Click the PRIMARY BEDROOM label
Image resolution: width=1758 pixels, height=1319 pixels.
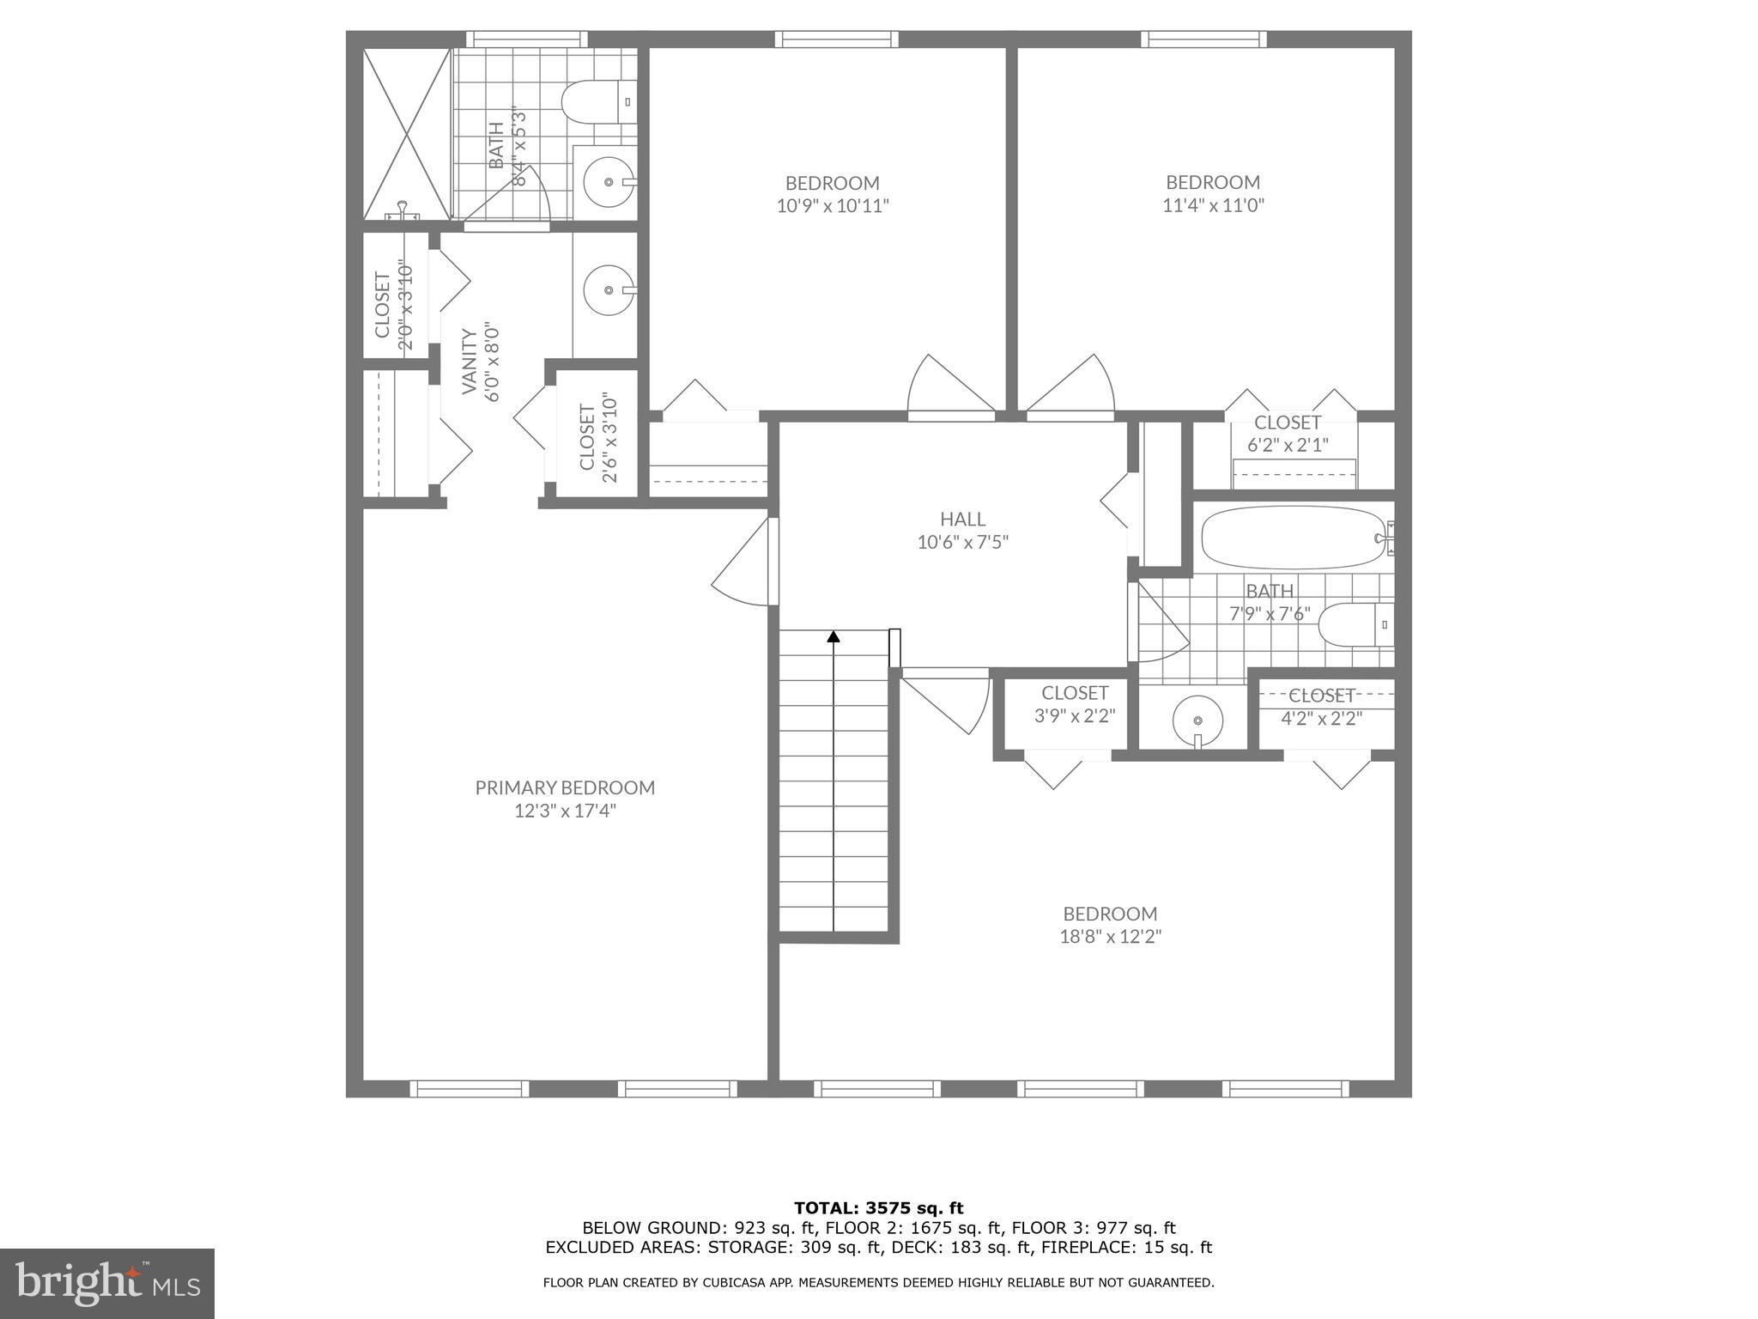coord(565,787)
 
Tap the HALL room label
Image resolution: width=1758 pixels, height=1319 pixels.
coord(962,519)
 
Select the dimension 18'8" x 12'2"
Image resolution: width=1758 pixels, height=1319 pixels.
coord(1110,937)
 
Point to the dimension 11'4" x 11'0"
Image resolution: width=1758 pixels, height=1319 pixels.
coord(1213,206)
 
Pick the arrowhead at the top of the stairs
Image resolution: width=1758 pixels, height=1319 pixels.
coord(833,636)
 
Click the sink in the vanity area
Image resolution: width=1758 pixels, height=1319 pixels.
coord(609,289)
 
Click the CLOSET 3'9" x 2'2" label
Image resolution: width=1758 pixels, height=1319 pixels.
coord(1075,693)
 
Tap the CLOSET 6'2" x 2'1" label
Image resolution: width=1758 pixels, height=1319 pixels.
coord(1287,422)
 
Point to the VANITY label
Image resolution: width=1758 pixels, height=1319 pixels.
coord(470,361)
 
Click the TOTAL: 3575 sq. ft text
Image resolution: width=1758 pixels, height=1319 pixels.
coord(878,1209)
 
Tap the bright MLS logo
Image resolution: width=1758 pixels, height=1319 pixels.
coord(107,1284)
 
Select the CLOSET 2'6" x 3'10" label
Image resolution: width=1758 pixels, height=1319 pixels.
coord(588,437)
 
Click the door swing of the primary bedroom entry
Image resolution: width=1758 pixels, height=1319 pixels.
coord(743,568)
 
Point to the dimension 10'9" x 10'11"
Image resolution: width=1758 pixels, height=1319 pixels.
coord(833,206)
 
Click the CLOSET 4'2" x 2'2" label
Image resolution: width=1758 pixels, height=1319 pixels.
coord(1321,696)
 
